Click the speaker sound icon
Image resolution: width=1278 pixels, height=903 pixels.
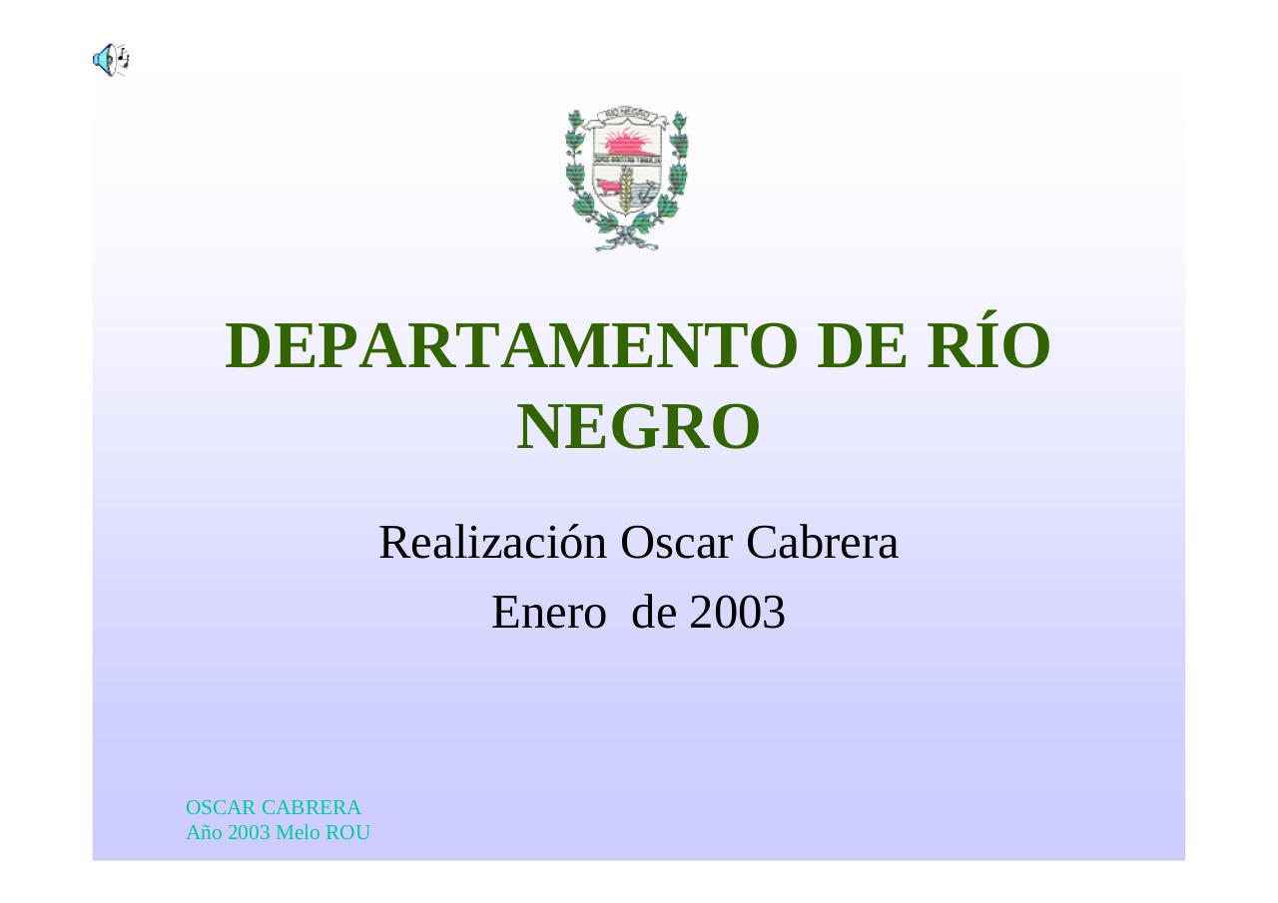click(x=110, y=60)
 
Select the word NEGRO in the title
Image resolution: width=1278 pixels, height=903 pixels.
click(x=639, y=427)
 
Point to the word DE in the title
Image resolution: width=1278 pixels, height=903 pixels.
click(x=858, y=346)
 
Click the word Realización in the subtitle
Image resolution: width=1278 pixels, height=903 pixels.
click(x=492, y=543)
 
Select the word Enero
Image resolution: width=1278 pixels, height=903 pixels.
click(x=548, y=613)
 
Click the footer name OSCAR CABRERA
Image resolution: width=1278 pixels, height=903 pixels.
click(x=274, y=807)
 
